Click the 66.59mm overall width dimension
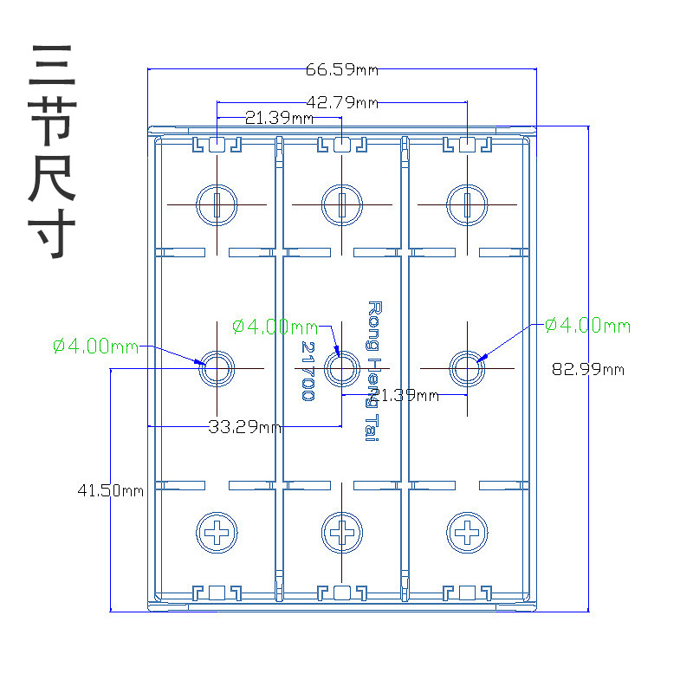point(342,69)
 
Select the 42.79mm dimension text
point(342,103)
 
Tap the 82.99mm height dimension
point(588,369)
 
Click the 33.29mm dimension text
point(244,426)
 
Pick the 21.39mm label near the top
point(279,117)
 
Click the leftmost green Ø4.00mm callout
point(95,346)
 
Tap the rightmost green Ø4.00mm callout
point(587,326)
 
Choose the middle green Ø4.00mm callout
point(275,327)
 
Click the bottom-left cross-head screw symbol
point(217,531)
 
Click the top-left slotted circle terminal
point(217,204)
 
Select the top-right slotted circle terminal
point(468,204)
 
